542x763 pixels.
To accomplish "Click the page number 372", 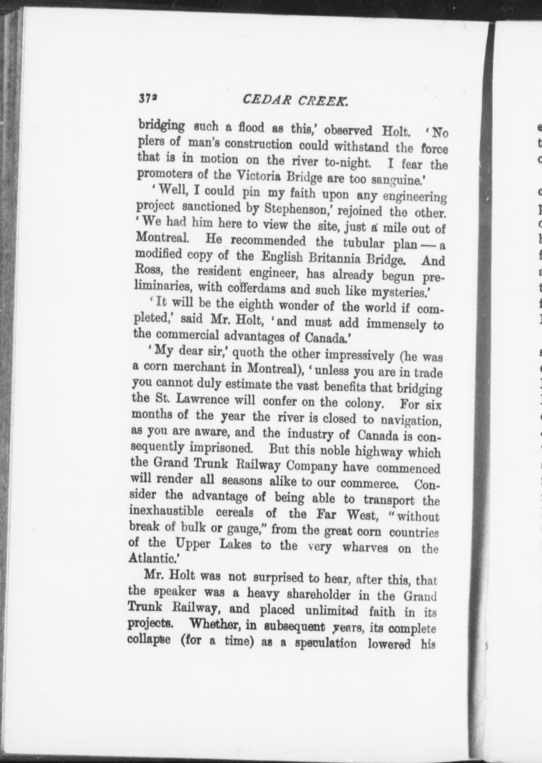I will click(149, 98).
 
